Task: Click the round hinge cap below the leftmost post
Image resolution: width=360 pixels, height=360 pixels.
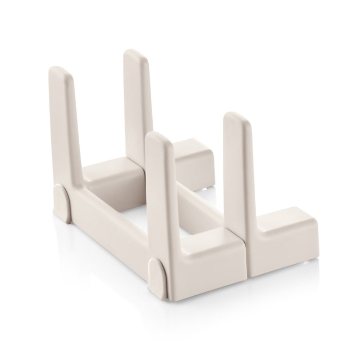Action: tap(61, 203)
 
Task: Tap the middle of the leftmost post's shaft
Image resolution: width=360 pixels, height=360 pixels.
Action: tap(70, 129)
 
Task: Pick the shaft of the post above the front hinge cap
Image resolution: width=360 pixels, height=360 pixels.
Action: tap(160, 201)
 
